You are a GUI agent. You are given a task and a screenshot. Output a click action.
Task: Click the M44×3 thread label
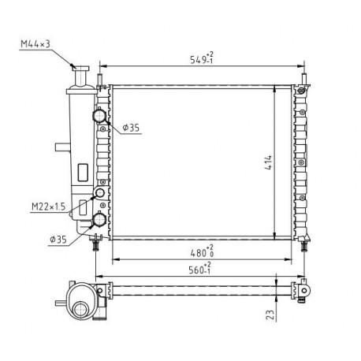click(x=35, y=43)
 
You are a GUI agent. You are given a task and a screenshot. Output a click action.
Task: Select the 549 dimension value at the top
click(x=198, y=60)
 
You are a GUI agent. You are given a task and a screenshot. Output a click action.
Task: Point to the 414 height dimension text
click(x=269, y=162)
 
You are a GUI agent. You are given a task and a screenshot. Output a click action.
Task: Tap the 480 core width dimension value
click(x=198, y=253)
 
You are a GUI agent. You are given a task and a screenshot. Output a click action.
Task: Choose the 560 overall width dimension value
click(x=196, y=270)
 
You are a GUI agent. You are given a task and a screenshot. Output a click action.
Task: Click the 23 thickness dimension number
click(x=270, y=314)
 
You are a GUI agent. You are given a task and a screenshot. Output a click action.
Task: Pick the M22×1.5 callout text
click(x=48, y=207)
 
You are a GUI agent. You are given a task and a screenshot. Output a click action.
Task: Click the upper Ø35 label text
click(x=131, y=128)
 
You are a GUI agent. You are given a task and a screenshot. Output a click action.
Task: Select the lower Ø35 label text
click(x=58, y=240)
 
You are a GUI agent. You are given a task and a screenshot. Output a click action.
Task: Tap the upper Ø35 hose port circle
click(x=99, y=115)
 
